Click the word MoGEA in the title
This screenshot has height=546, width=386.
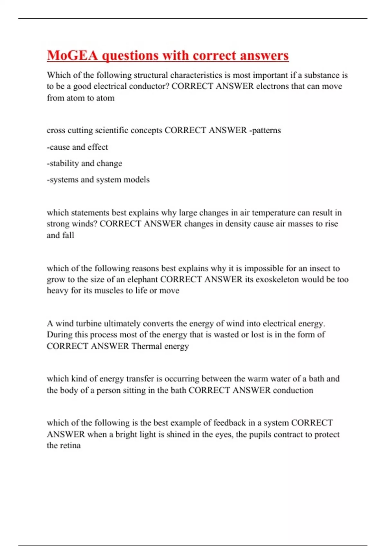(x=72, y=55)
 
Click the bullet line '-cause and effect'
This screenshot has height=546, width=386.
(x=78, y=147)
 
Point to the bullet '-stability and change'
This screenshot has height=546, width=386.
(x=85, y=163)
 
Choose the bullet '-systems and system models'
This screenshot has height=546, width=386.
(x=98, y=180)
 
